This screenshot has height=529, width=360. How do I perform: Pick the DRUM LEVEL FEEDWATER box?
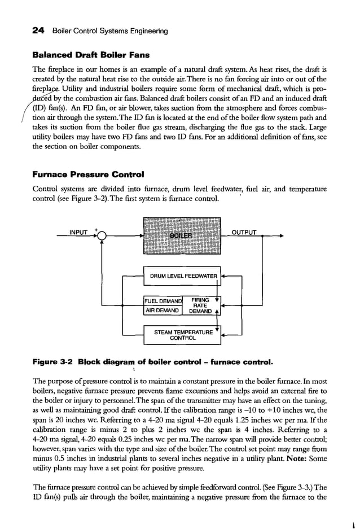(x=183, y=276)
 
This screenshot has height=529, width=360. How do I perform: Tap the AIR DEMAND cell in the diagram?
(x=163, y=311)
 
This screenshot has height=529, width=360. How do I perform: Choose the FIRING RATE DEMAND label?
(x=200, y=305)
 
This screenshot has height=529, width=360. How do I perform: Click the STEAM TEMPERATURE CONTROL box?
(x=183, y=335)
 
